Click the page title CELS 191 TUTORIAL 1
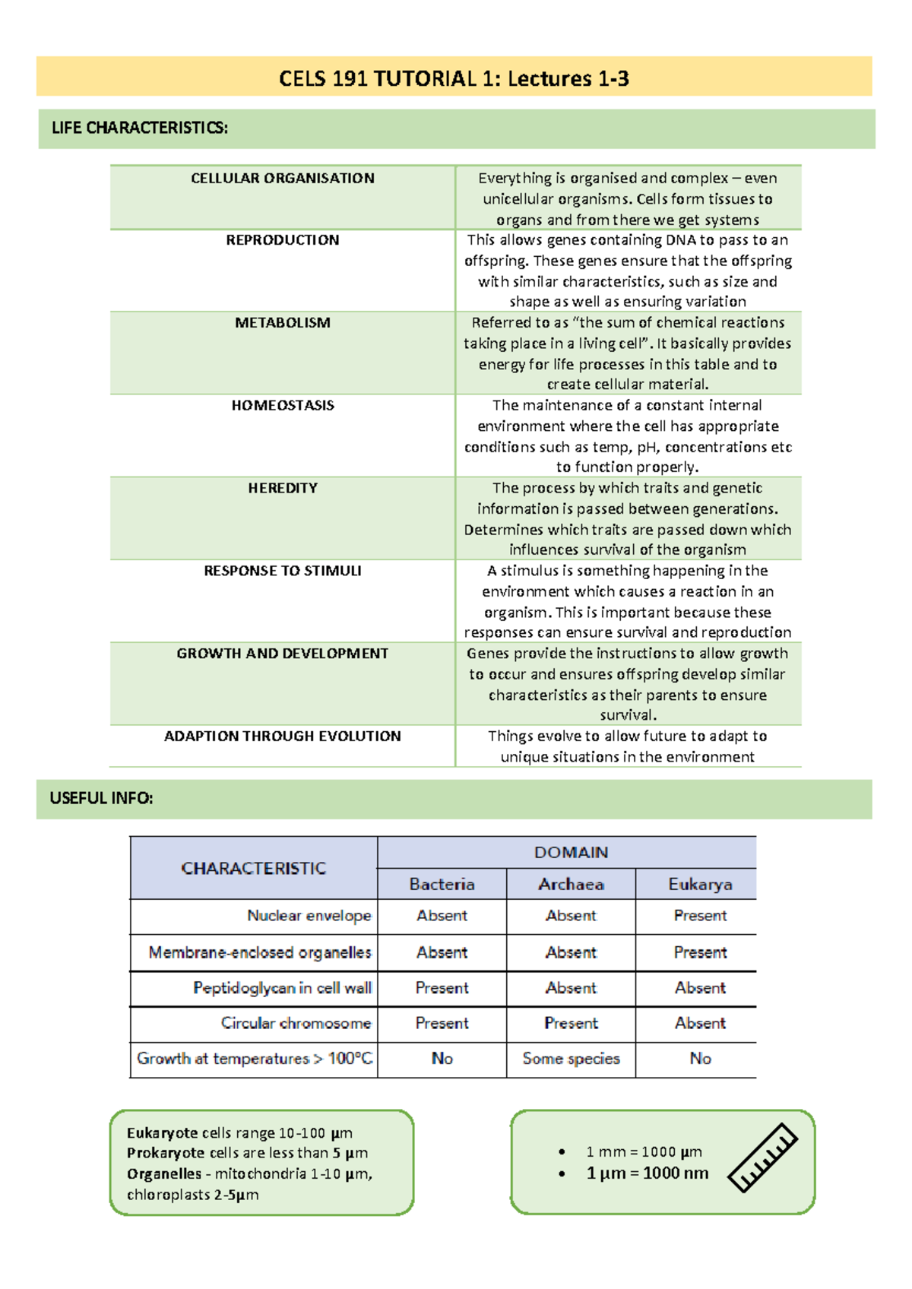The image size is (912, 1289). pos(454,78)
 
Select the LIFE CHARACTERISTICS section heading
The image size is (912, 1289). pos(139,128)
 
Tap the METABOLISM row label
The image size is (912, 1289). pos(282,322)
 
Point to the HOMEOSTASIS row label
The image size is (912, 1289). pos(282,405)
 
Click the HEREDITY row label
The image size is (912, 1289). pos(282,488)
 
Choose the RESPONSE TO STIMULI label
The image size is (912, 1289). pos(282,571)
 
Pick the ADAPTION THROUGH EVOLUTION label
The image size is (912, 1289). pos(282,736)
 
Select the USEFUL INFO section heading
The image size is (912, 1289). pos(101,798)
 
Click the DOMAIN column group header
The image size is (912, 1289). pos(571,852)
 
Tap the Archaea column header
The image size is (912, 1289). pos(571,884)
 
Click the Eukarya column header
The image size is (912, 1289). pos(700,884)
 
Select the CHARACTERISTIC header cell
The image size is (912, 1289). pos(253,868)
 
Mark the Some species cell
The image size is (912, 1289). pos(571,1058)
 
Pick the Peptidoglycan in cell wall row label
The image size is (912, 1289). pos(282,987)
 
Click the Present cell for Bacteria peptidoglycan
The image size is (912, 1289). pos(442,987)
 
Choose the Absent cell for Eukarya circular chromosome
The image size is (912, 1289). pos(700,1023)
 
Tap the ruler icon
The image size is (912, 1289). pos(762,1157)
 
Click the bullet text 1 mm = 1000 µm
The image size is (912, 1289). pos(644,1151)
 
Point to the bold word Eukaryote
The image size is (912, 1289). pos(163,1132)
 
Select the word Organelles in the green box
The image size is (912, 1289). pos(164,1173)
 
